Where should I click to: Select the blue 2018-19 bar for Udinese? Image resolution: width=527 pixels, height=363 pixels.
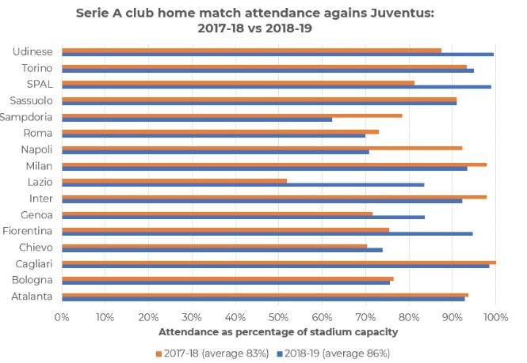click(x=277, y=55)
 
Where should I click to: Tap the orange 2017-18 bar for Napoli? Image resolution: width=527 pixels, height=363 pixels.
click(x=262, y=148)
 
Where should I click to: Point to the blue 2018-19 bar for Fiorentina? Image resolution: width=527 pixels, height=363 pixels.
click(x=267, y=233)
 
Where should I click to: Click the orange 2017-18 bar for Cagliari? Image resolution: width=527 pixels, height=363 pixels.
click(x=279, y=262)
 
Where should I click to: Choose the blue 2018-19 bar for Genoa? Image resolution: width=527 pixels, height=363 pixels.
click(x=243, y=217)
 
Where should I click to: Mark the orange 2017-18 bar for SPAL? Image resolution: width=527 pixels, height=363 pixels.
click(x=238, y=82)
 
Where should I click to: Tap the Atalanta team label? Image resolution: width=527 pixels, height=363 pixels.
click(x=32, y=296)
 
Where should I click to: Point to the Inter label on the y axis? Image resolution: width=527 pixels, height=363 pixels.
click(x=40, y=199)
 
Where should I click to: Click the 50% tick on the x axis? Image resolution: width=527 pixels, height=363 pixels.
click(x=278, y=316)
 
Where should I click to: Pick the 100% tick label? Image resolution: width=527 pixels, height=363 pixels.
click(x=495, y=316)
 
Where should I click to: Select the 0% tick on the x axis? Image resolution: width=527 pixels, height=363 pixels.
click(x=62, y=316)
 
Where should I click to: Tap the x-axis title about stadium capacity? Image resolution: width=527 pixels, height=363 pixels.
click(x=279, y=332)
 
